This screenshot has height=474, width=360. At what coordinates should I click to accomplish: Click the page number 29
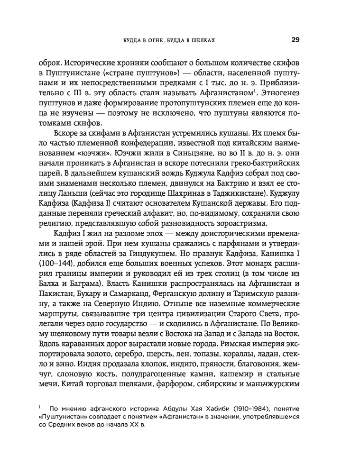[x=295, y=40]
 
